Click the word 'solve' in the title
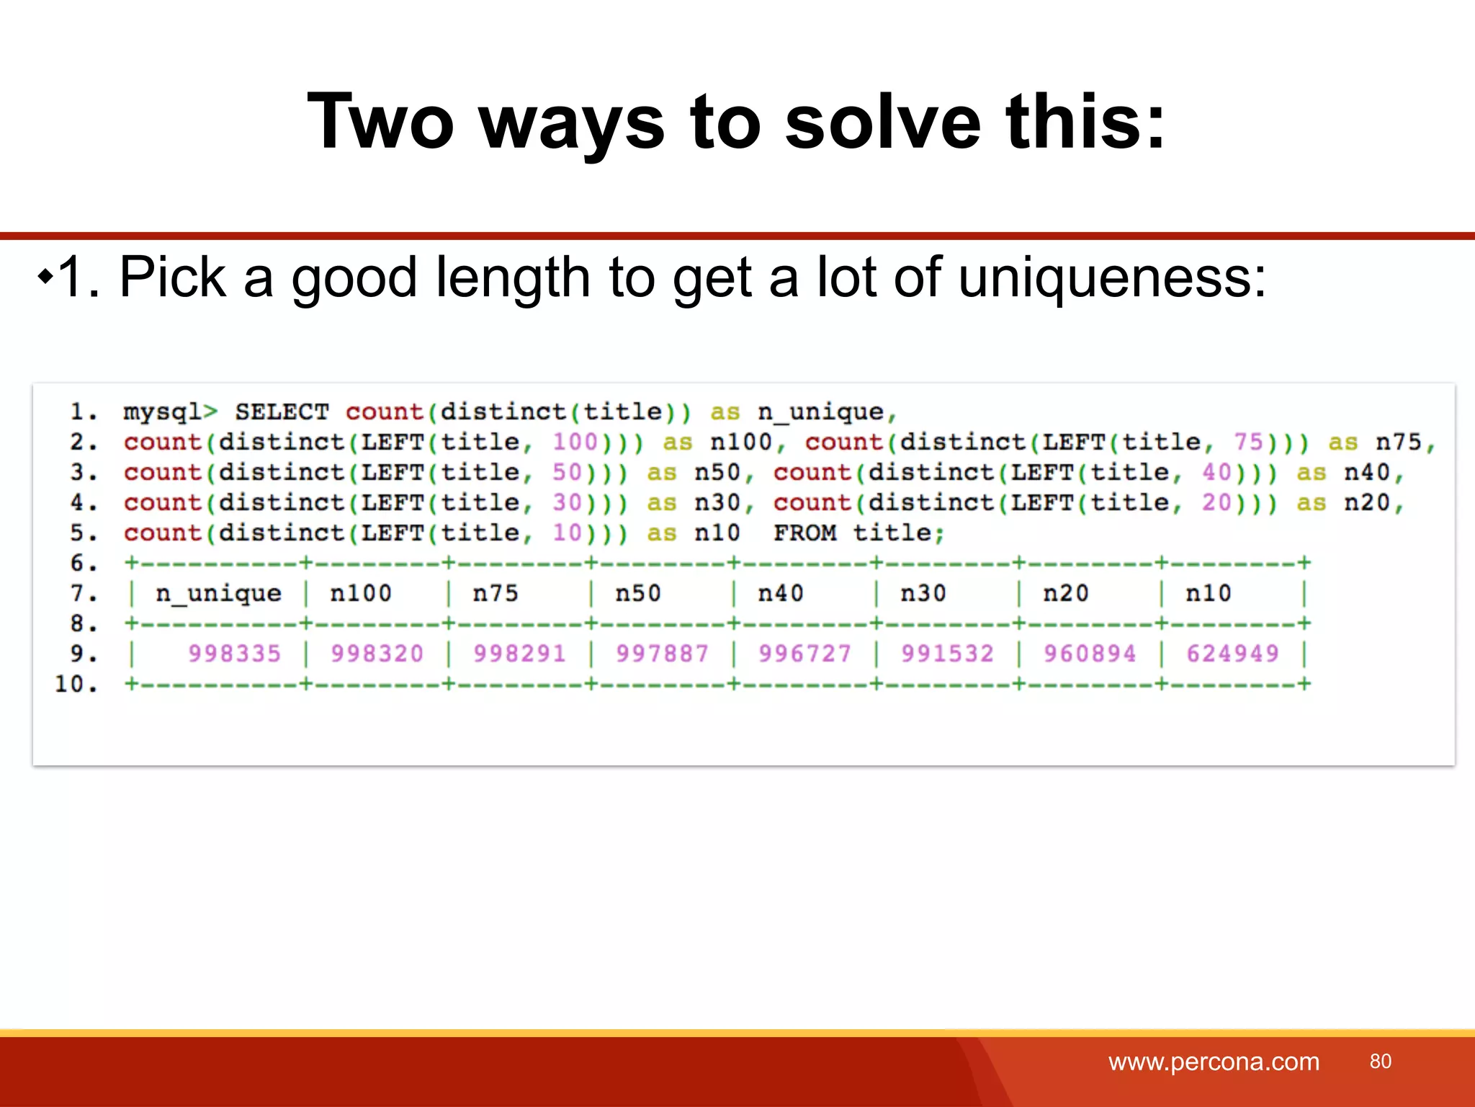(x=883, y=123)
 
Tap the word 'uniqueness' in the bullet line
(x=1112, y=277)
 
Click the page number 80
(x=1380, y=1061)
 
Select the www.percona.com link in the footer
(x=1214, y=1062)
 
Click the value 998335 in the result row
(x=234, y=654)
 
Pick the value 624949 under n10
(x=1232, y=654)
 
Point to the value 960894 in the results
(x=1090, y=654)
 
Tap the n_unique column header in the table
(x=218, y=593)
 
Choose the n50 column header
(x=637, y=593)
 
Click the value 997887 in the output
(x=662, y=654)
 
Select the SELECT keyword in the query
(x=282, y=412)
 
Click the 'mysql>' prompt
(x=170, y=412)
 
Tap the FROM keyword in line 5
(x=805, y=533)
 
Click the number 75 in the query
(x=1249, y=442)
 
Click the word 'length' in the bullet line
(x=514, y=277)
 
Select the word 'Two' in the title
(x=380, y=123)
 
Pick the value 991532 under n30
(x=947, y=654)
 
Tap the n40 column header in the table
(x=780, y=593)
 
